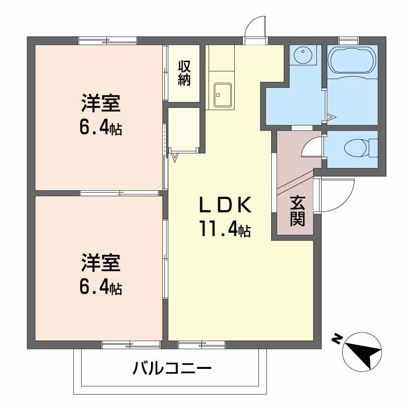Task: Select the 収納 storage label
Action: [184, 72]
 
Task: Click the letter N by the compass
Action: [337, 339]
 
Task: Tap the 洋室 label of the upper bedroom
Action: [100, 103]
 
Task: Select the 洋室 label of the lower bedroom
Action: [100, 263]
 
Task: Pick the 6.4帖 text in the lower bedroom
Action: [100, 287]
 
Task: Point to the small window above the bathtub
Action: [348, 40]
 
